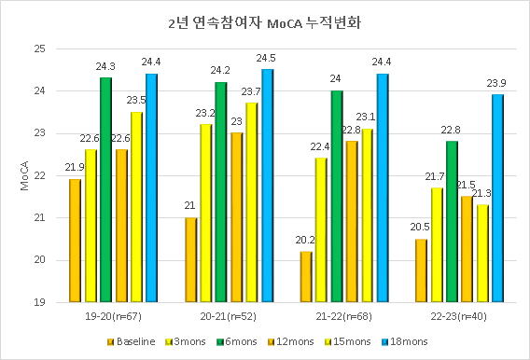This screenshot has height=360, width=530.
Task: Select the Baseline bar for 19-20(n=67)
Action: tap(75, 241)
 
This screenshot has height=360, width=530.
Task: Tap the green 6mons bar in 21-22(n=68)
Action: tap(337, 196)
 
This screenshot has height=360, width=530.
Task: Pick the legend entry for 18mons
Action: tap(409, 341)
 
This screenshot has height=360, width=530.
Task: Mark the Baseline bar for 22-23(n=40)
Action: tap(421, 270)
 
